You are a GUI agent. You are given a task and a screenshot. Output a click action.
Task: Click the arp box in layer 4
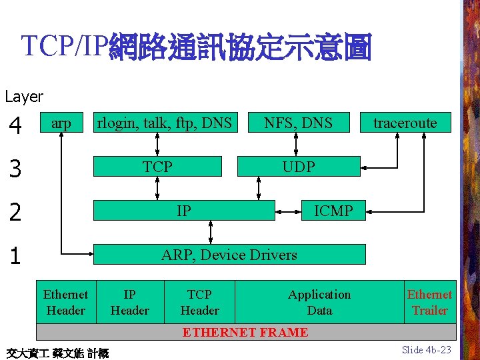coord(61,123)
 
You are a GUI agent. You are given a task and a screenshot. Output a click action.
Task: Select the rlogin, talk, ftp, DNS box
coord(165,123)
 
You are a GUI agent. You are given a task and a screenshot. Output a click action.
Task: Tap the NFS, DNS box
coord(298,123)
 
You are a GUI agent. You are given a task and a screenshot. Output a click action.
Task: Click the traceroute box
coord(405,123)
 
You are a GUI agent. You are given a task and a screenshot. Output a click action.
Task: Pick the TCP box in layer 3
coord(157,167)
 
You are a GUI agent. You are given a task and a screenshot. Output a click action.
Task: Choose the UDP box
coord(298,167)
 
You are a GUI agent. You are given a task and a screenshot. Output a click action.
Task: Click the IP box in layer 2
coord(184,211)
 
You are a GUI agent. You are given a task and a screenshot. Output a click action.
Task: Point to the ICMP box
coord(333,211)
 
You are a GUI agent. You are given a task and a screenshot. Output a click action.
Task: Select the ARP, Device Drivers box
coord(229,255)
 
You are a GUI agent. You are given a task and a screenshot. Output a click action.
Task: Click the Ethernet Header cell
coord(65,302)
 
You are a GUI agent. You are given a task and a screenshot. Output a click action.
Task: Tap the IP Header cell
coord(130,302)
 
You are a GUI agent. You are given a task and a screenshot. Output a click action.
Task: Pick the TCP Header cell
coord(199,302)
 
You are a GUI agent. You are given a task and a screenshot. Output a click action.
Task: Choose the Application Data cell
coord(319,302)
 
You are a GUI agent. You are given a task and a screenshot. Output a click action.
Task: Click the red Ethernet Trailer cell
coord(430,302)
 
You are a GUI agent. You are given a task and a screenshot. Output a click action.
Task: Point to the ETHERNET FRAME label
coord(245,332)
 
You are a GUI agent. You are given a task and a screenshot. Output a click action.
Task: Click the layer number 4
coord(15,125)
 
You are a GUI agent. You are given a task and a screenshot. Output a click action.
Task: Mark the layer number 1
coord(15,257)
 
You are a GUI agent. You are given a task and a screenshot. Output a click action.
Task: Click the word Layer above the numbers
coord(24,97)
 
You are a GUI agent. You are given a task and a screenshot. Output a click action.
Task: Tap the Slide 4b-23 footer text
coord(427,349)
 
